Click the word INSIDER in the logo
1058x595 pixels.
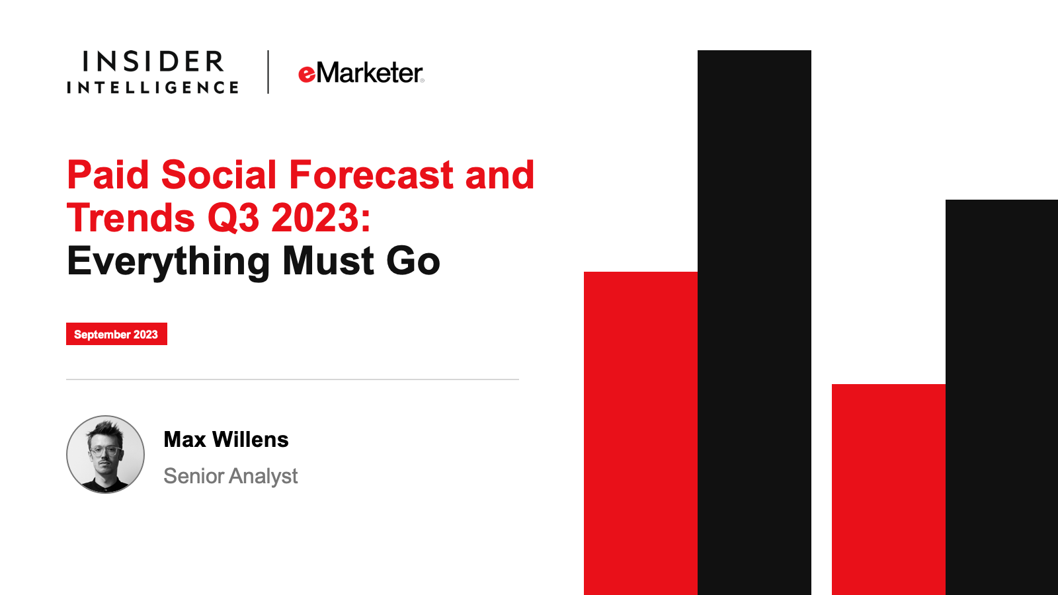click(153, 61)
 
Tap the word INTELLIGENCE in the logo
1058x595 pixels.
click(153, 87)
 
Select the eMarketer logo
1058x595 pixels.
click(361, 73)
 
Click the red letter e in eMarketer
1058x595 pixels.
click(307, 75)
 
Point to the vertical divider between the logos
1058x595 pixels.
click(268, 72)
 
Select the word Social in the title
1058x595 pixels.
click(219, 175)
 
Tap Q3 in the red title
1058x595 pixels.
click(234, 218)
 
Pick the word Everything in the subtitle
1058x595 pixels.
click(168, 261)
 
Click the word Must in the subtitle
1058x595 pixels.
click(328, 260)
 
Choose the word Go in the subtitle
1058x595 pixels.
click(413, 261)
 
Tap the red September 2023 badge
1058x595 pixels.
click(116, 334)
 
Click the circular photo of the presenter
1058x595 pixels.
click(105, 454)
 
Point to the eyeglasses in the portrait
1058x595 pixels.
click(104, 450)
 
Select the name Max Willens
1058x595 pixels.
click(225, 439)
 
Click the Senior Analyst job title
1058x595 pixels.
click(231, 476)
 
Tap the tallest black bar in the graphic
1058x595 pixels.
click(754, 323)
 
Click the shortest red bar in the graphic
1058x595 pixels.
click(889, 489)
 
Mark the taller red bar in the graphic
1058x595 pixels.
click(641, 433)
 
